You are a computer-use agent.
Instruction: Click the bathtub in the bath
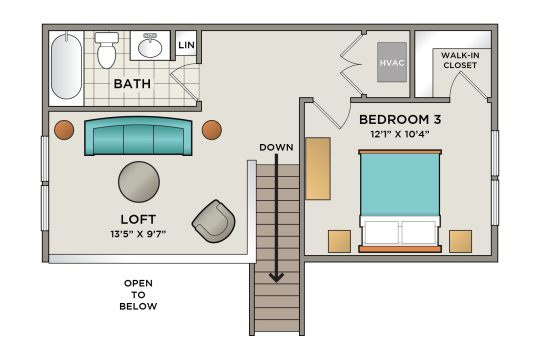tap(66, 66)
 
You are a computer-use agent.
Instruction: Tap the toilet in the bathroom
tap(106, 50)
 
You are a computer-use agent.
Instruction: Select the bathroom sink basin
tap(150, 47)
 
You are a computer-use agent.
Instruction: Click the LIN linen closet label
tap(186, 45)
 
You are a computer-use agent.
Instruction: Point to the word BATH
tap(132, 84)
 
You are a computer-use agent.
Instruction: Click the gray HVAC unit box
tap(392, 62)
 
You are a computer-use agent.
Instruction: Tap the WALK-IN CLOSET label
tap(460, 60)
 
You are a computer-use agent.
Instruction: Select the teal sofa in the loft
tap(138, 136)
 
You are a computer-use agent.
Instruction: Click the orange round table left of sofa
tap(64, 130)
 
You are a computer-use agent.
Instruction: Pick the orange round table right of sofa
tap(212, 130)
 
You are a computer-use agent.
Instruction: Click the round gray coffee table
tap(139, 182)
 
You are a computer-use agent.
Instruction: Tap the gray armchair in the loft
tap(214, 221)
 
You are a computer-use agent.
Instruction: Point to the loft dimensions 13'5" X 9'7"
tap(138, 234)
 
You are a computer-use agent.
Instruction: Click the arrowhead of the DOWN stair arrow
tap(276, 277)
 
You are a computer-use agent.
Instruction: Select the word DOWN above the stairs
tap(277, 147)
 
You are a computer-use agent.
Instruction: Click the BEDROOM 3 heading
tap(400, 120)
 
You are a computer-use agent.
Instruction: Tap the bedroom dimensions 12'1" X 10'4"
tap(400, 134)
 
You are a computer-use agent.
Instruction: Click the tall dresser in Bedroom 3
tap(318, 168)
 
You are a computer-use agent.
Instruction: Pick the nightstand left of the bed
tap(339, 241)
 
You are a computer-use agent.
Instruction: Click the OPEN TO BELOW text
tap(138, 295)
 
